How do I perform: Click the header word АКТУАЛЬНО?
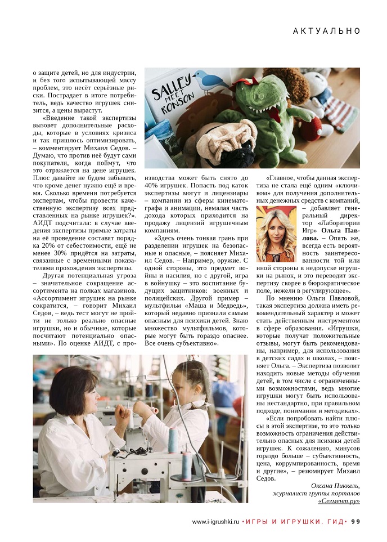(326, 31)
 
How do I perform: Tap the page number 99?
(355, 521)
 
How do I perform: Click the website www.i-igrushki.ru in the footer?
(215, 522)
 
